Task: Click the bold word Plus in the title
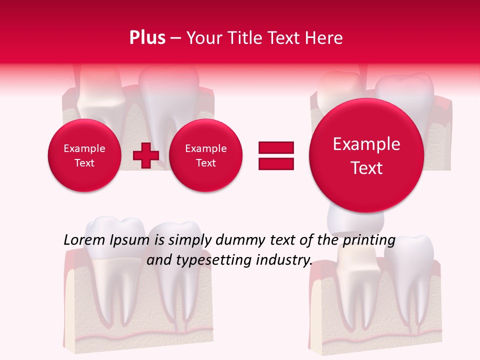(x=147, y=38)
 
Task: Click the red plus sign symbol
(x=145, y=155)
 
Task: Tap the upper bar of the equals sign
(x=275, y=147)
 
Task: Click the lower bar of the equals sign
(x=275, y=164)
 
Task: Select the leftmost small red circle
(x=84, y=155)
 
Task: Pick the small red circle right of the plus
(x=205, y=155)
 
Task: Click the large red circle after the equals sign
(x=366, y=155)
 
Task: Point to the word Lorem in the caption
(x=84, y=240)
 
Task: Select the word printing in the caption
(x=368, y=240)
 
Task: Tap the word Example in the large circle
(x=366, y=144)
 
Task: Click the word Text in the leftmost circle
(x=84, y=163)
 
